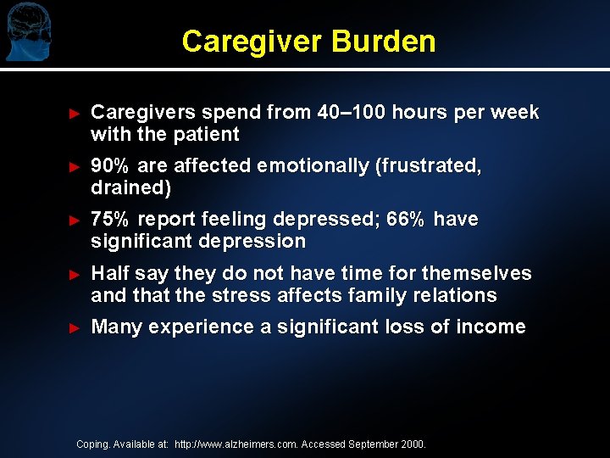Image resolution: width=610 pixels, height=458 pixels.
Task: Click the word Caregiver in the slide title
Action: (x=252, y=41)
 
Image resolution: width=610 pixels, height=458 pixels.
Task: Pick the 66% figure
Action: (x=406, y=220)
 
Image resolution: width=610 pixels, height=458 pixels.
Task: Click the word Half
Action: (x=109, y=273)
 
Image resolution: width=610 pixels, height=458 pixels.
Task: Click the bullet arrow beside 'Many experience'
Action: (x=74, y=327)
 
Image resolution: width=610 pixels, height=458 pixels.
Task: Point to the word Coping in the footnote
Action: (x=92, y=444)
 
